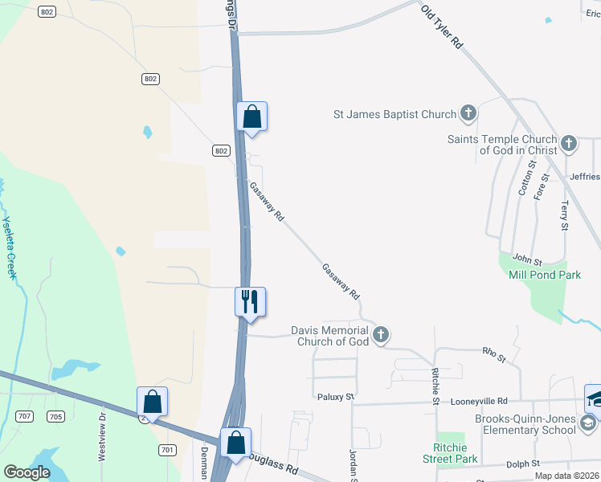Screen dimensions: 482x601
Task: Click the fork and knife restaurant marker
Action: tap(250, 302)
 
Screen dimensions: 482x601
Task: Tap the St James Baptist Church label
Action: tap(395, 114)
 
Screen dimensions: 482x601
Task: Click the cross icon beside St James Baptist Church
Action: tap(468, 114)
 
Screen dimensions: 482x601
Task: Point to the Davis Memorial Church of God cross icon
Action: tap(381, 334)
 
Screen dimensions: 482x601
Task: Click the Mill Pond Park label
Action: tap(544, 275)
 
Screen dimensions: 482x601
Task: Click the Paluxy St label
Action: tap(335, 397)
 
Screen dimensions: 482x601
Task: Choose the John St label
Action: tap(528, 261)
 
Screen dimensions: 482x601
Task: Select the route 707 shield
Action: tap(26, 416)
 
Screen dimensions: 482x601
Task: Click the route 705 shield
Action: tap(55, 416)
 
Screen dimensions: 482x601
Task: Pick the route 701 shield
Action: tap(167, 450)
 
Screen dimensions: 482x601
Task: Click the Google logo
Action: tap(27, 472)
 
